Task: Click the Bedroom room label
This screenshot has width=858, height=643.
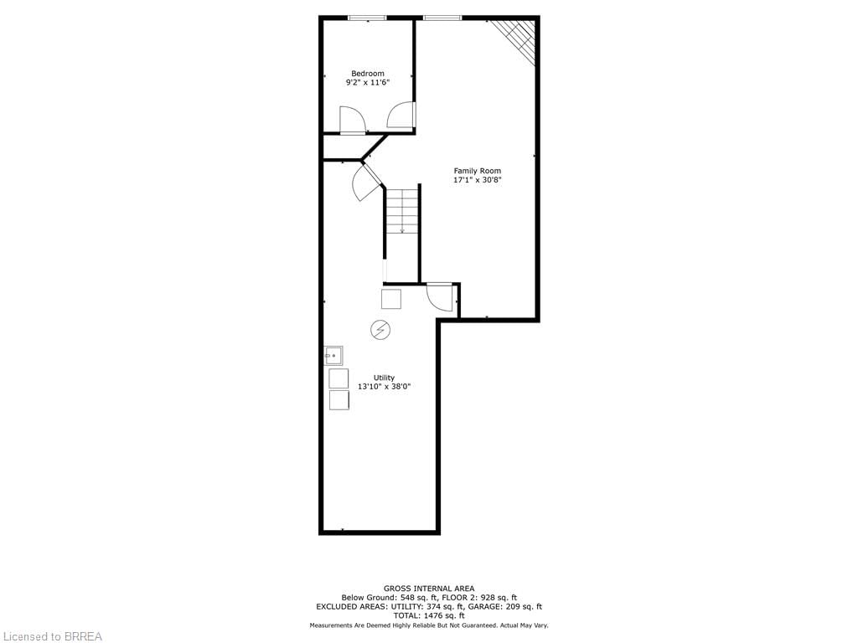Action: (368, 74)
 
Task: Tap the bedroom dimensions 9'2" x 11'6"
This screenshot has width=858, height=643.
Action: (368, 83)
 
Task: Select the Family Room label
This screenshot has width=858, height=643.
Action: (477, 171)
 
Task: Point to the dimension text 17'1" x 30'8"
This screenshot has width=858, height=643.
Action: (477, 180)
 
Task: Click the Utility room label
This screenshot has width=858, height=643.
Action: (384, 378)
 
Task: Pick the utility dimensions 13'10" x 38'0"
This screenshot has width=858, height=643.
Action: (384, 387)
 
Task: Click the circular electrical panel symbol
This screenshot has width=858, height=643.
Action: (380, 330)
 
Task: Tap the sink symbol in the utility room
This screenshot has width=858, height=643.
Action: (333, 355)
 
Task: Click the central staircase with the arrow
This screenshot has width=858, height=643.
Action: (403, 210)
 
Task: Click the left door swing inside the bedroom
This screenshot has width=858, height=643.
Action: (351, 120)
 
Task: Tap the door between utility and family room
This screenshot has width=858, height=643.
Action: (441, 297)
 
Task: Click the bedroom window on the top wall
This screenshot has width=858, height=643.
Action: (368, 18)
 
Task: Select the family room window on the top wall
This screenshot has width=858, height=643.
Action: (442, 18)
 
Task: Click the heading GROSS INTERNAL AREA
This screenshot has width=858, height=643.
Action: (429, 589)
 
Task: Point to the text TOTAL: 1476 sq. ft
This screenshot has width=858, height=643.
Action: (429, 615)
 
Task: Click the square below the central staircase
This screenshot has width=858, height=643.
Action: (391, 299)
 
